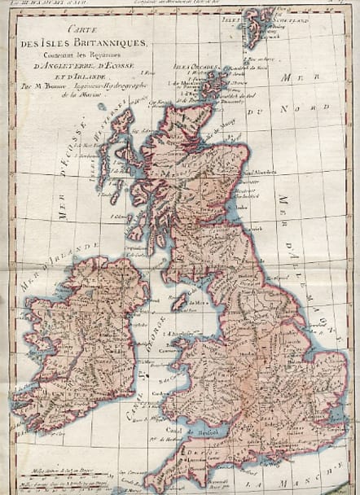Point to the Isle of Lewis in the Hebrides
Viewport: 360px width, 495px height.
(x=122, y=122)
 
